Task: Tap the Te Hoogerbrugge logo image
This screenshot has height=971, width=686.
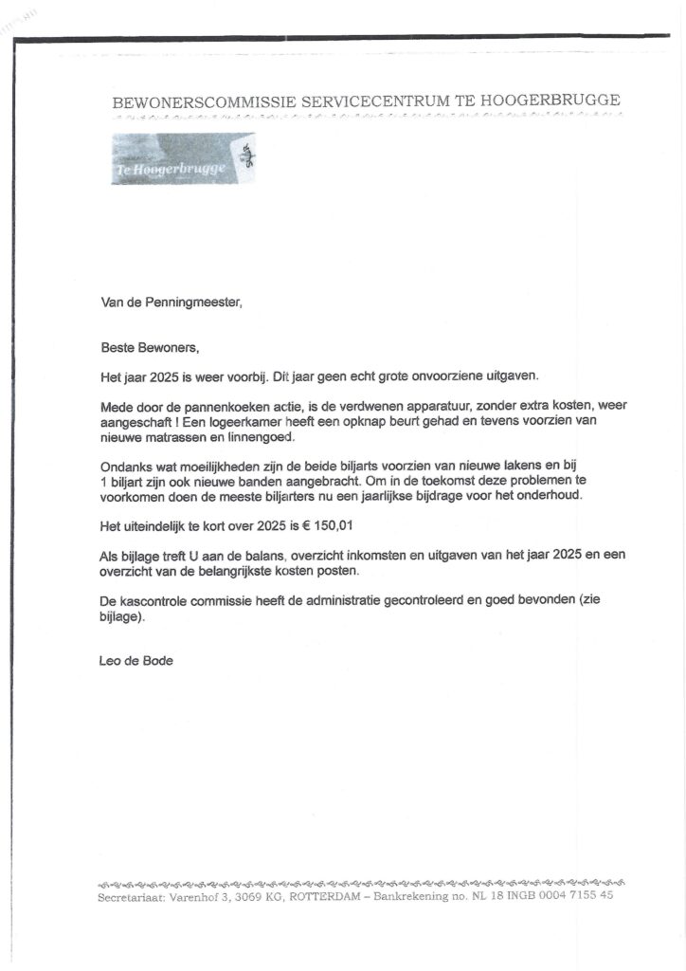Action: [183, 158]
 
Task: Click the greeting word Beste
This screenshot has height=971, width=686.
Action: [118, 348]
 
